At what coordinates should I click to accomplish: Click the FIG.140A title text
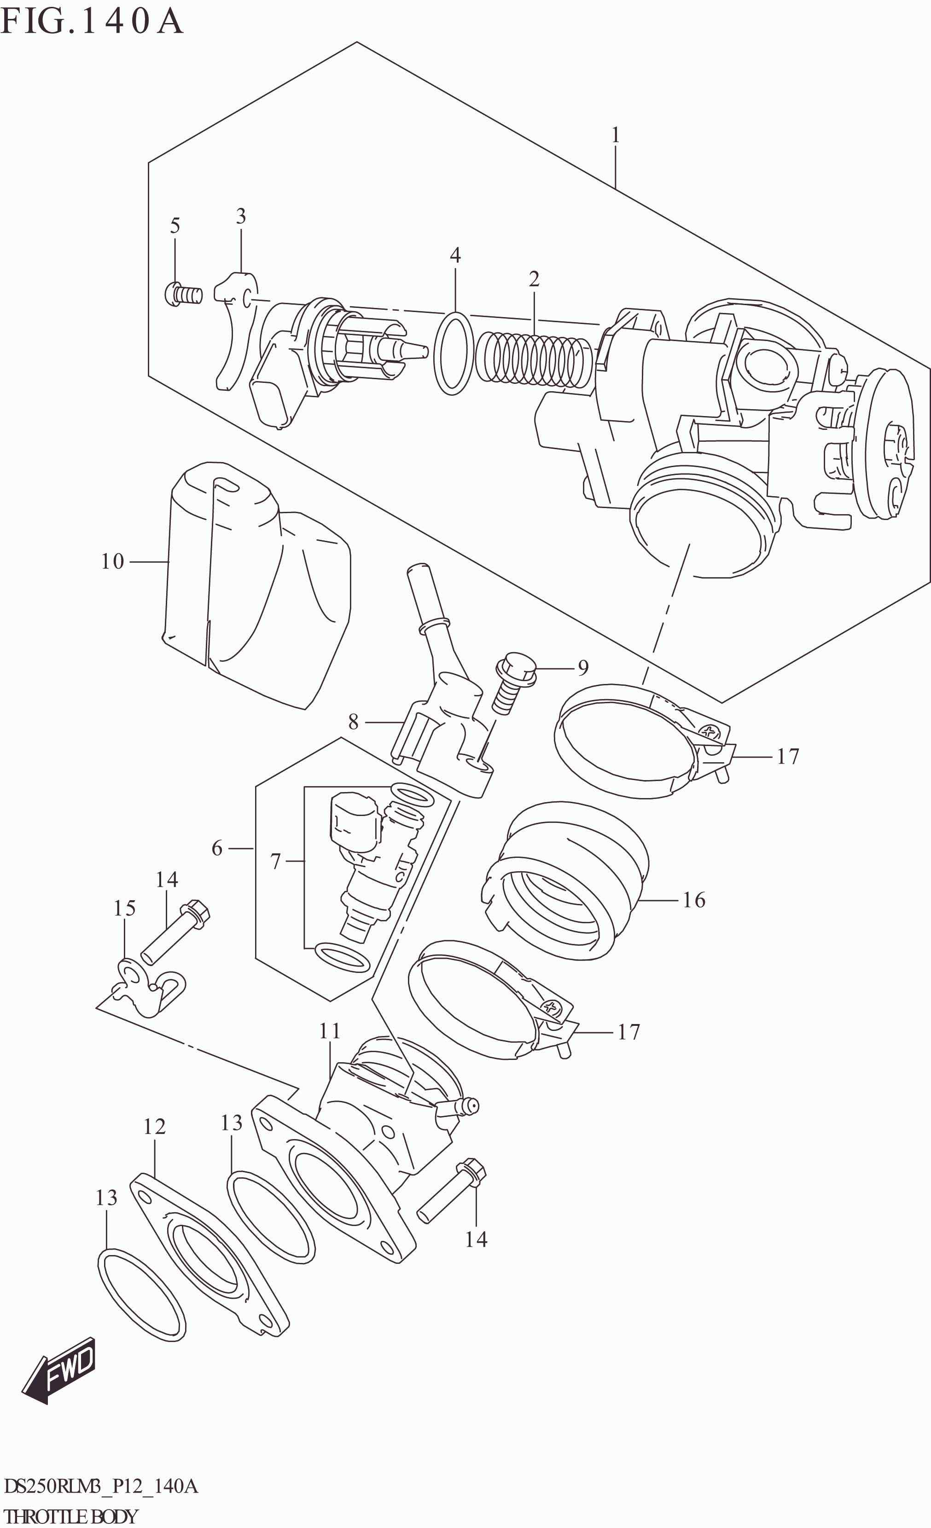[x=92, y=22]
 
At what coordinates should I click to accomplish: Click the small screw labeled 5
[x=184, y=294]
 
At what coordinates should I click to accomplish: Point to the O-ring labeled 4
[x=453, y=353]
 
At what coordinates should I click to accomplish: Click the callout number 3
[x=241, y=216]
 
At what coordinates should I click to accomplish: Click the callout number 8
[x=353, y=721]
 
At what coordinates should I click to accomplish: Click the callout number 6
[x=216, y=848]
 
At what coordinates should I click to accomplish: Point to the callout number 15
[x=124, y=908]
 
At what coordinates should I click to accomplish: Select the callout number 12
[x=154, y=1126]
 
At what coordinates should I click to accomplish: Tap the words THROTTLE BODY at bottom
[x=71, y=1516]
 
